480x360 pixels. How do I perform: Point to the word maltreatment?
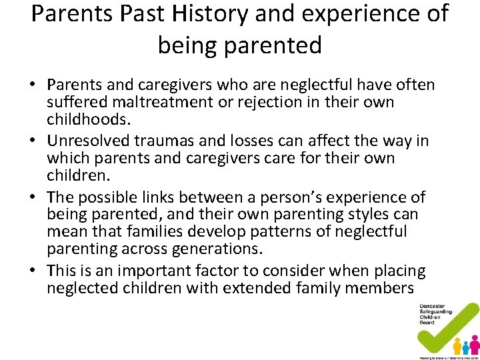click(x=153, y=102)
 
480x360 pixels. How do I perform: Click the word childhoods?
click(x=87, y=119)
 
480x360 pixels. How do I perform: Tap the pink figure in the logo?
click(x=475, y=344)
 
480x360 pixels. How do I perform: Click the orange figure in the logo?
click(x=457, y=346)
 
